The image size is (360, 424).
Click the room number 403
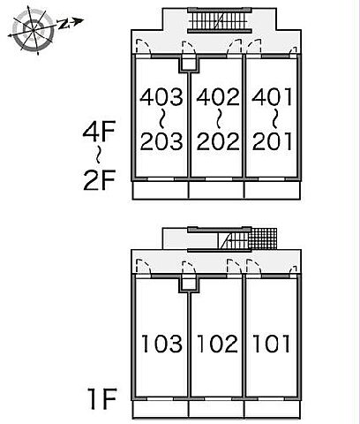tap(161, 97)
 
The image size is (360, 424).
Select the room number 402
tap(218, 97)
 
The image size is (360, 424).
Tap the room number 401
tap(272, 97)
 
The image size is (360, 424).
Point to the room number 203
tap(161, 141)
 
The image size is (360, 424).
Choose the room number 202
tap(218, 141)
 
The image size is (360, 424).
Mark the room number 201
tap(272, 141)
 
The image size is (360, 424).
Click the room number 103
tap(161, 344)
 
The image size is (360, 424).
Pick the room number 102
tap(218, 344)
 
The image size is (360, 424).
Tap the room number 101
tap(272, 344)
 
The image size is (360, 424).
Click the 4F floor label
tap(99, 132)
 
